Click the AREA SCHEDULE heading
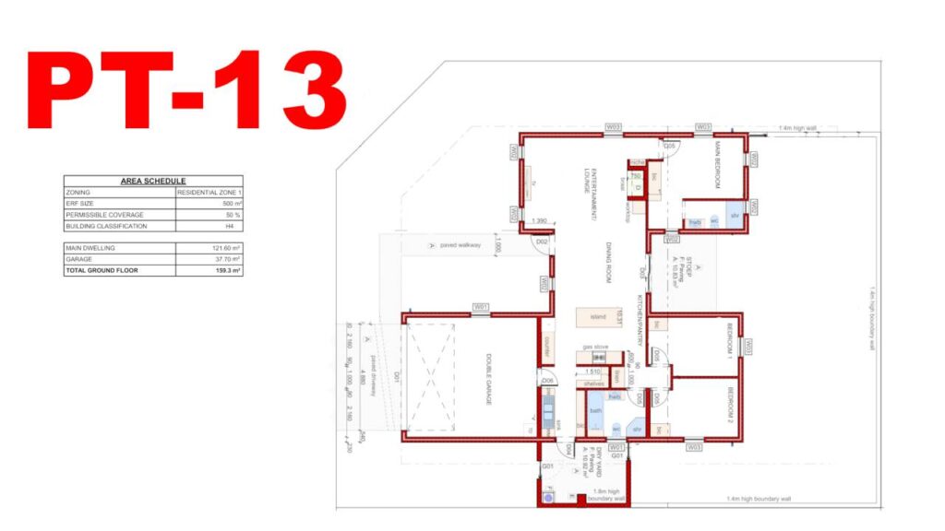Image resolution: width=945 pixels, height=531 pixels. point(153,182)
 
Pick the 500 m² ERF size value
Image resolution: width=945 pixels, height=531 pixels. point(231,204)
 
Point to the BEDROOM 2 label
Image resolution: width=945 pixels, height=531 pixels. point(729,403)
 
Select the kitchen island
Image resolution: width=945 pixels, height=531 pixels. point(597,316)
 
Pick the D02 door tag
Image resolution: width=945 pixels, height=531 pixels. point(543,242)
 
